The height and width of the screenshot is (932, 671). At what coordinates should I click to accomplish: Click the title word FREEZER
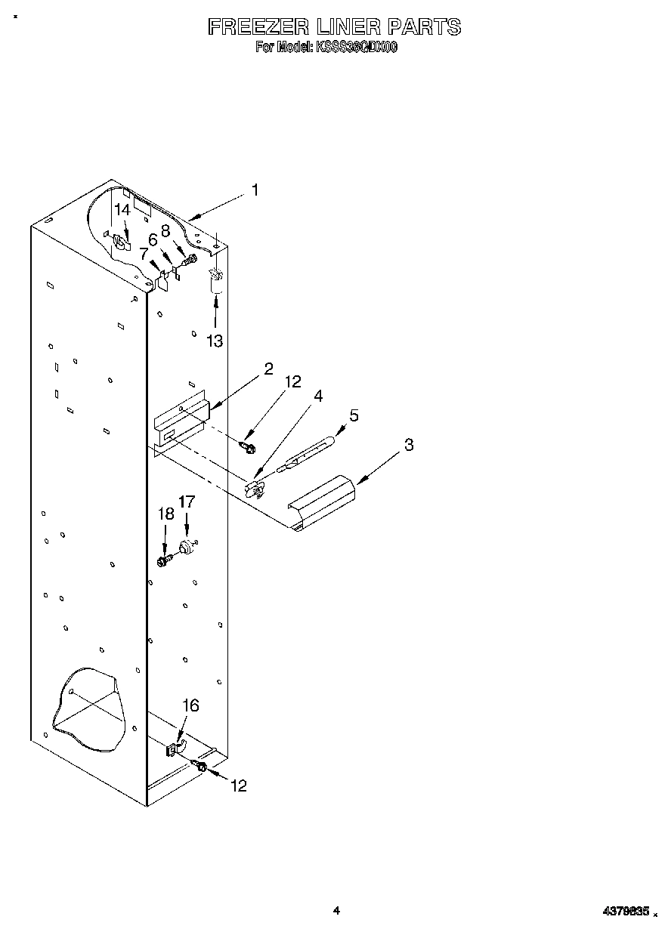pyautogui.click(x=258, y=28)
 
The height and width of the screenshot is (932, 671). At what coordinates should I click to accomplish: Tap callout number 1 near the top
pyautogui.click(x=255, y=190)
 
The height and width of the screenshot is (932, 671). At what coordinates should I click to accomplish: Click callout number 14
pyautogui.click(x=122, y=210)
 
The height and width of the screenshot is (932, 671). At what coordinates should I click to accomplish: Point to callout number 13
pyautogui.click(x=215, y=341)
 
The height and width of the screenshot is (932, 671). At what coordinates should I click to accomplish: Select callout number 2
pyautogui.click(x=267, y=369)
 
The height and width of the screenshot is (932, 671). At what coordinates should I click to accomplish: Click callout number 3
pyautogui.click(x=408, y=444)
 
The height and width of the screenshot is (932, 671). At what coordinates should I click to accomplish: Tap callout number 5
pyautogui.click(x=353, y=415)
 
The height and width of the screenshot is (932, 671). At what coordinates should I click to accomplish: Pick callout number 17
pyautogui.click(x=186, y=501)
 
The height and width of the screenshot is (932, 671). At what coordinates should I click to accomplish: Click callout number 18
pyautogui.click(x=165, y=514)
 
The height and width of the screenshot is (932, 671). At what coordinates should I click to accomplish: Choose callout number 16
pyautogui.click(x=191, y=705)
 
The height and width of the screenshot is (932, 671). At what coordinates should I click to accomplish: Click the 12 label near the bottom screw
pyautogui.click(x=238, y=785)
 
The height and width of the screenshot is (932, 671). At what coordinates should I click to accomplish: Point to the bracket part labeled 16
pyautogui.click(x=175, y=749)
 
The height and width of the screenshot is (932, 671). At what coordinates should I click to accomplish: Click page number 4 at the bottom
pyautogui.click(x=336, y=911)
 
